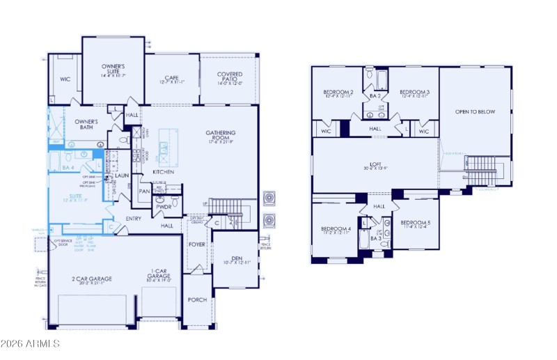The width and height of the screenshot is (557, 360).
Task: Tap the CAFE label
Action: tap(172, 79)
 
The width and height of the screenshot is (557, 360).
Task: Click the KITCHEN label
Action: tap(163, 171)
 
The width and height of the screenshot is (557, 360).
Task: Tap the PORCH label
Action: tap(197, 299)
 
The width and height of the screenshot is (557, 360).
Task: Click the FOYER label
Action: tap(197, 245)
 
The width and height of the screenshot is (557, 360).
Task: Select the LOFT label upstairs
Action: tap(376, 164)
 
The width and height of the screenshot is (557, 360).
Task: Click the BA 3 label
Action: tap(376, 238)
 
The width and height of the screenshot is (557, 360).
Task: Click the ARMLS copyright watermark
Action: tap(31, 344)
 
